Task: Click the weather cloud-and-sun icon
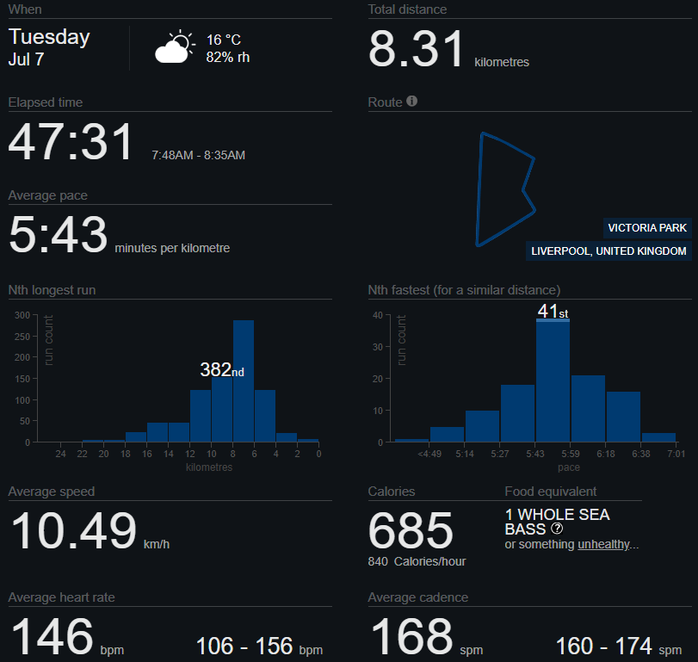coord(175,46)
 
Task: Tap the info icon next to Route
coord(411,101)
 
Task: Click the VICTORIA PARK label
coord(647,228)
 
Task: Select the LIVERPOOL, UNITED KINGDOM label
coord(608,251)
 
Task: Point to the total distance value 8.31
coord(416,49)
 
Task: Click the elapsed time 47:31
coord(71,142)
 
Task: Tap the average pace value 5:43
coord(59,235)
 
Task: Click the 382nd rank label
coord(222,369)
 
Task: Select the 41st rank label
coord(553,311)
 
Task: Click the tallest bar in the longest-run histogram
coord(244,381)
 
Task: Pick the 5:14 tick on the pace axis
coord(464,454)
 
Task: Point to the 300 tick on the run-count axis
coord(22,315)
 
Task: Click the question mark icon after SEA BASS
coord(557,529)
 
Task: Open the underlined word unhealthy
coord(603,544)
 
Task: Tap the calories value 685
coord(411,530)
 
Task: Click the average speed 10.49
coord(73,530)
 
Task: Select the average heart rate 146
coord(53,636)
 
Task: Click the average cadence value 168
coord(411,636)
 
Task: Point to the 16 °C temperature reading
coord(224,40)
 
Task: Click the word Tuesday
coord(49,37)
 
